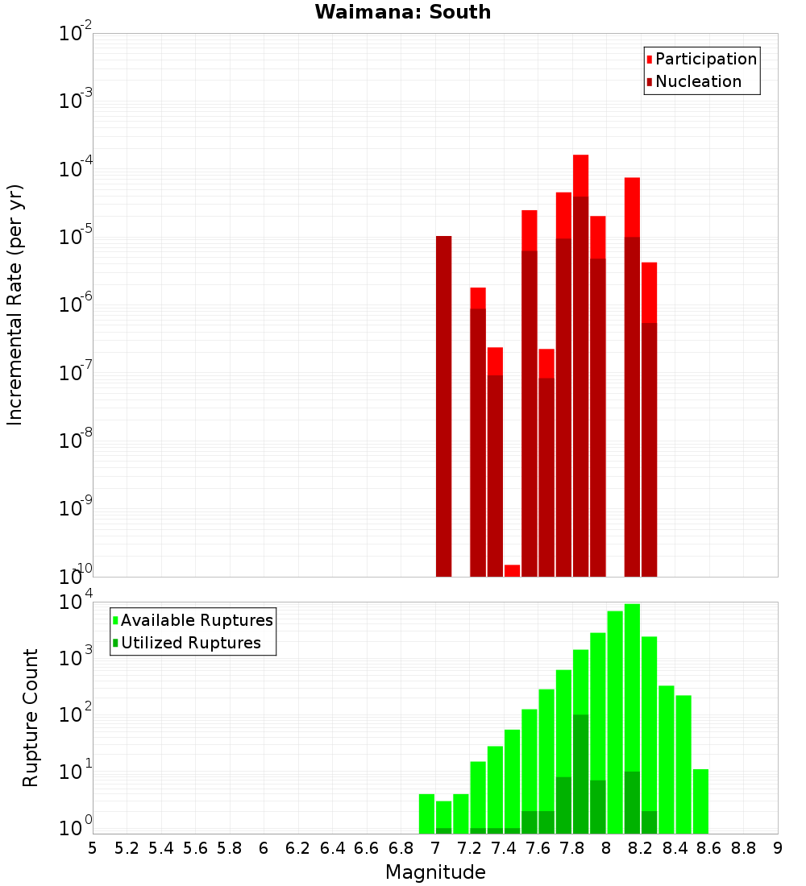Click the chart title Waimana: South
click(x=402, y=12)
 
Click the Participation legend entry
click(x=705, y=60)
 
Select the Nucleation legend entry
click(x=697, y=82)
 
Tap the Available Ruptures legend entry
click(x=196, y=621)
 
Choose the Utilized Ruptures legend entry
click(x=190, y=644)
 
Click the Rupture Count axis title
click(x=31, y=718)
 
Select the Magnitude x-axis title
click(x=435, y=872)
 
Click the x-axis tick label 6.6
click(x=367, y=848)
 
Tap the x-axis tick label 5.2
click(x=127, y=848)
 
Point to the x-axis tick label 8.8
click(x=743, y=848)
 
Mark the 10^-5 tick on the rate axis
click(x=75, y=237)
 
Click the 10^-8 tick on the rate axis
click(x=75, y=441)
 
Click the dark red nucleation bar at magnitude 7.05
click(x=443, y=403)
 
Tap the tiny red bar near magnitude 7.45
click(x=512, y=570)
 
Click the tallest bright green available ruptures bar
click(x=632, y=717)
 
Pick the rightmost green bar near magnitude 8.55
click(x=700, y=801)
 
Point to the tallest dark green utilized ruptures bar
click(x=581, y=773)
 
